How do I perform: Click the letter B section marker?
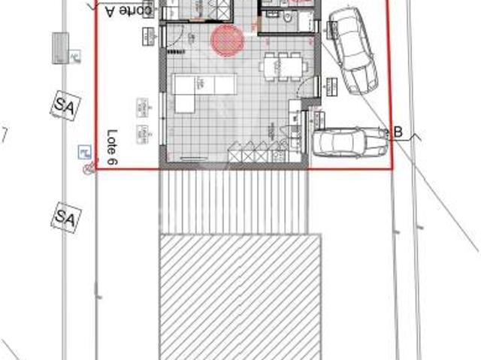(x=399, y=133)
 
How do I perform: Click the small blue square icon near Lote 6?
(x=83, y=153)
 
